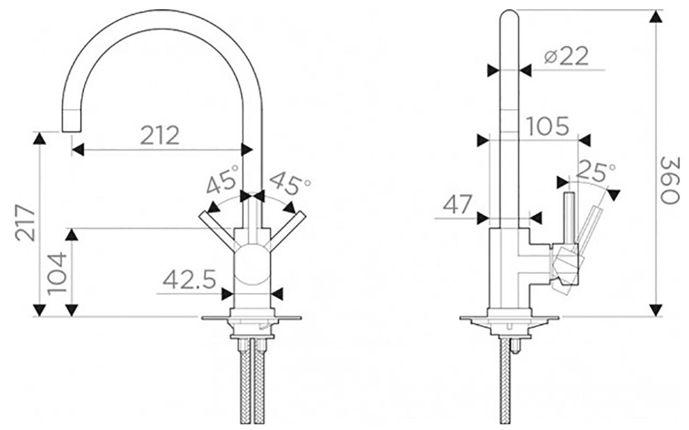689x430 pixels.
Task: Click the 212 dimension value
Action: pyautogui.click(x=159, y=135)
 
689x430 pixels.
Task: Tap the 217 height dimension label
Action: pyautogui.click(x=25, y=223)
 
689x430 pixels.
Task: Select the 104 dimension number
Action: pyautogui.click(x=57, y=274)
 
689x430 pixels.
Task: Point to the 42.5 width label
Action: pyautogui.click(x=189, y=280)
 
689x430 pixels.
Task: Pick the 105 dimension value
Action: pyautogui.click(x=548, y=126)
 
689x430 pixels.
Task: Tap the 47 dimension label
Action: pyautogui.click(x=458, y=204)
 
